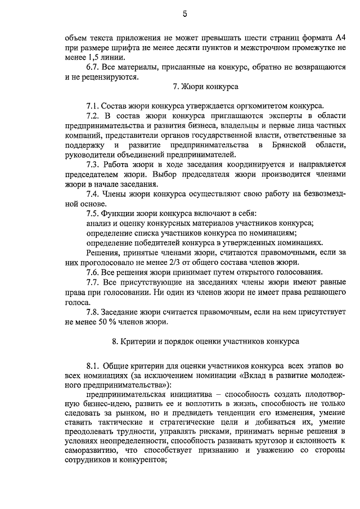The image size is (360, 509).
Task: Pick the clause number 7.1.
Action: pyautogui.click(x=93, y=106)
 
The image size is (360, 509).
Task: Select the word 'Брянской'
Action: pyautogui.click(x=287, y=145)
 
